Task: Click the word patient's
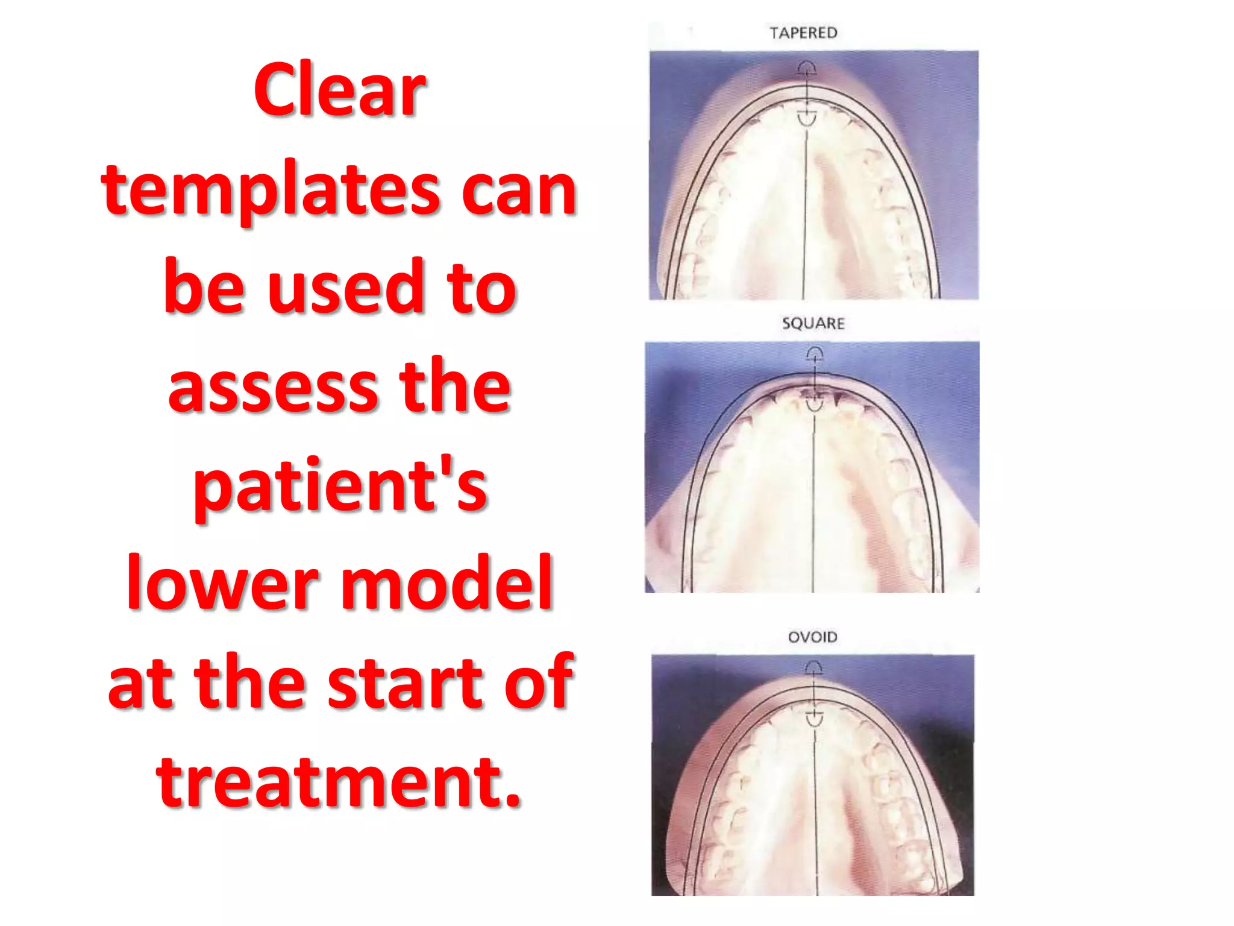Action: pyautogui.click(x=340, y=487)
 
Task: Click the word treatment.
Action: pyautogui.click(x=339, y=782)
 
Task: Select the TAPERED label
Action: pyautogui.click(x=803, y=33)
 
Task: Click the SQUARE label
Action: pyautogui.click(x=813, y=324)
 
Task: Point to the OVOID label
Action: pyautogui.click(x=813, y=637)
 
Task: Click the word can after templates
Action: pyautogui.click(x=519, y=192)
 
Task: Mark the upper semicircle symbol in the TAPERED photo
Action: pyautogui.click(x=806, y=68)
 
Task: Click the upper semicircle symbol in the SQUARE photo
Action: pyautogui.click(x=815, y=353)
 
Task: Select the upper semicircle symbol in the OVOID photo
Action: pyautogui.click(x=813, y=667)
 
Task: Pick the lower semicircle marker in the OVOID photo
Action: pyautogui.click(x=814, y=718)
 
